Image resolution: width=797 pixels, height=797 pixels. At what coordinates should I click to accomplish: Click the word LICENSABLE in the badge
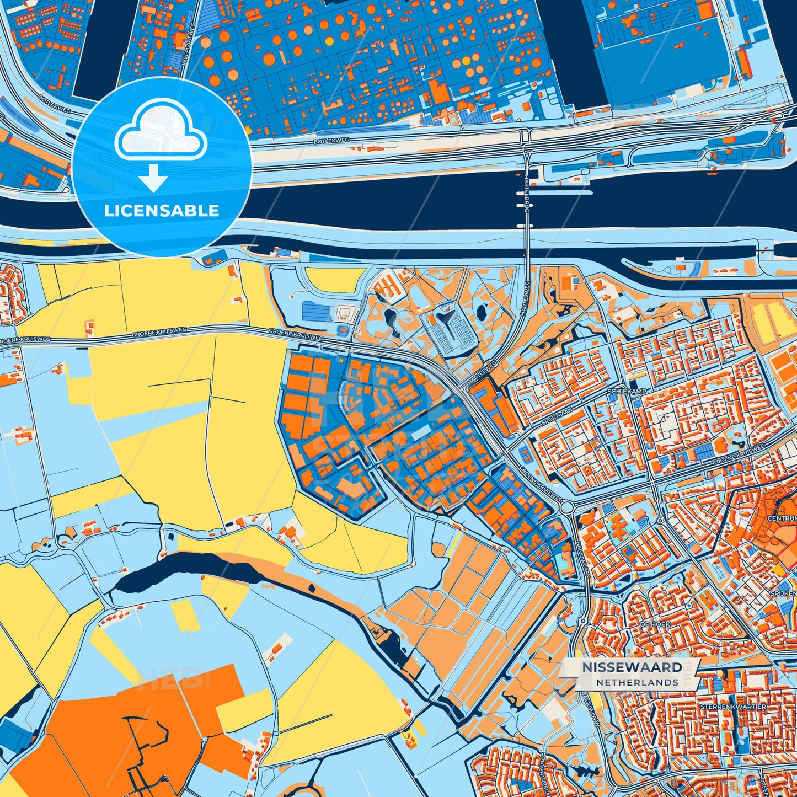pyautogui.click(x=162, y=211)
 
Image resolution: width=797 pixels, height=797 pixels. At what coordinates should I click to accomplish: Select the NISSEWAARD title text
pyautogui.click(x=632, y=667)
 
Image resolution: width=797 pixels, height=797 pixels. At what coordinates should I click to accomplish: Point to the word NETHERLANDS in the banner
pyautogui.click(x=637, y=683)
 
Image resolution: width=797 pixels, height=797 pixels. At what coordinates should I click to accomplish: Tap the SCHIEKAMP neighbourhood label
pyautogui.click(x=626, y=391)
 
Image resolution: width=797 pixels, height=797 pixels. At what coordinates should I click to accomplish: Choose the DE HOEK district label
pyautogui.click(x=655, y=624)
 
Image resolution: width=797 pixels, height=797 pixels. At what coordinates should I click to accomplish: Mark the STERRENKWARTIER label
pyautogui.click(x=733, y=707)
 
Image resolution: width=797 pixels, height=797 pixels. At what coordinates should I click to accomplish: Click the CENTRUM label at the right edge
pyautogui.click(x=782, y=518)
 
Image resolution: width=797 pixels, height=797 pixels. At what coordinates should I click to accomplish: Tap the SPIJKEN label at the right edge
pyautogui.click(x=783, y=593)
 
